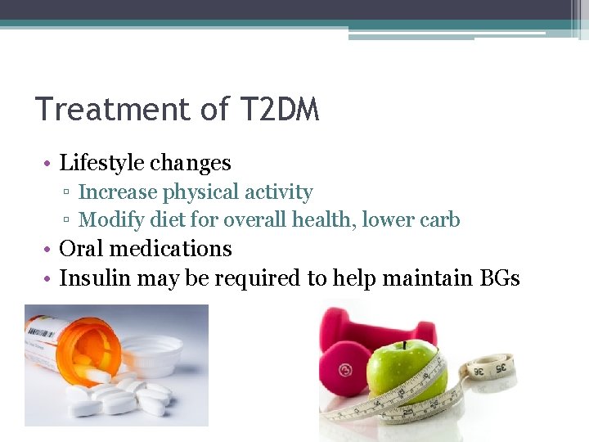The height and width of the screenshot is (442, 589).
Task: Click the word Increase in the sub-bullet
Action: tap(117, 192)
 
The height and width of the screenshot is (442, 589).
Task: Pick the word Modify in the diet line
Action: tap(109, 220)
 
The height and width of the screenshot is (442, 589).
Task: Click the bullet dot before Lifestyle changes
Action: tap(50, 164)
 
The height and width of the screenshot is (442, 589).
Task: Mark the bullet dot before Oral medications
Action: tap(50, 249)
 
